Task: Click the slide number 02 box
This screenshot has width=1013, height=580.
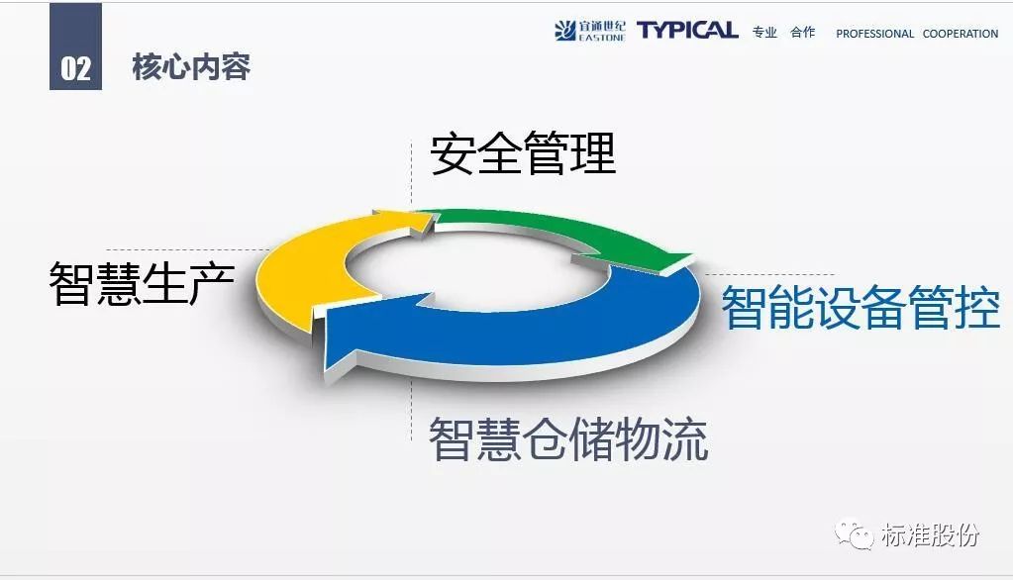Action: pyautogui.click(x=75, y=47)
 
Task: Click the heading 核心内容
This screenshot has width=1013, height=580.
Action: pyautogui.click(x=191, y=67)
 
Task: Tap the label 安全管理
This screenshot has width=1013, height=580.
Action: pyautogui.click(x=523, y=153)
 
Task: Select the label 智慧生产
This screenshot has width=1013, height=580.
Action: pyautogui.click(x=142, y=283)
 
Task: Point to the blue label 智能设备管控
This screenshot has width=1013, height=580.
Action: pyautogui.click(x=861, y=308)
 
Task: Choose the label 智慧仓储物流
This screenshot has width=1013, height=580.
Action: pyautogui.click(x=568, y=439)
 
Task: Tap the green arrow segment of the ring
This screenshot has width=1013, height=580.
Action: pyautogui.click(x=568, y=233)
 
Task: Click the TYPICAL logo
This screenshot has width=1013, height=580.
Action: pyautogui.click(x=687, y=30)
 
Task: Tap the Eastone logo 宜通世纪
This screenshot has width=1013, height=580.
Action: pyautogui.click(x=590, y=31)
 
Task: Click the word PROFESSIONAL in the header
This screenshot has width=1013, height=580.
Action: pyautogui.click(x=874, y=34)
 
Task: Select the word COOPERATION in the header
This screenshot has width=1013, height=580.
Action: pyautogui.click(x=961, y=34)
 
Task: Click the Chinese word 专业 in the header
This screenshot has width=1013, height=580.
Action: pyautogui.click(x=764, y=33)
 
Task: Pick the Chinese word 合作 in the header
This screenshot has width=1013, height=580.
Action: pyautogui.click(x=803, y=33)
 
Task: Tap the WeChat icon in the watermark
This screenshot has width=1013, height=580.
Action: pyautogui.click(x=854, y=534)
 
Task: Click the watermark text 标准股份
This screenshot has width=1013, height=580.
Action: pyautogui.click(x=930, y=534)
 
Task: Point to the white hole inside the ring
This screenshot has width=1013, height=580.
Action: pyautogui.click(x=478, y=266)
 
